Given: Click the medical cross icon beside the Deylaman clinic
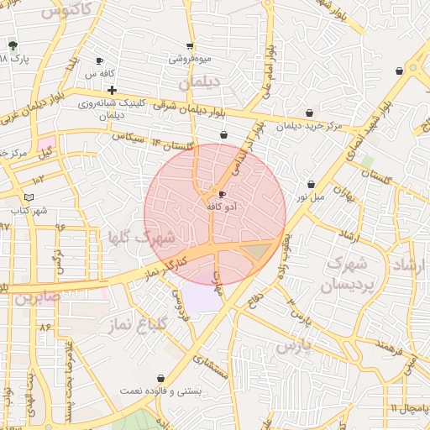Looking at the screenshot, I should point(112,90).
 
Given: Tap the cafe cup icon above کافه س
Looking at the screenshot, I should point(99,61).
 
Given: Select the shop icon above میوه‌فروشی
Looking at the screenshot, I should point(190,46).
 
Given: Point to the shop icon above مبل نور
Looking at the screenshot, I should point(311,185).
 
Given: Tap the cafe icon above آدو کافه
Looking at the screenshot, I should point(222,194).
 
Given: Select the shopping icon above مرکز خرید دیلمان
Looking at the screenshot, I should point(310,113).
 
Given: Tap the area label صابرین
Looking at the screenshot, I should point(38,297).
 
